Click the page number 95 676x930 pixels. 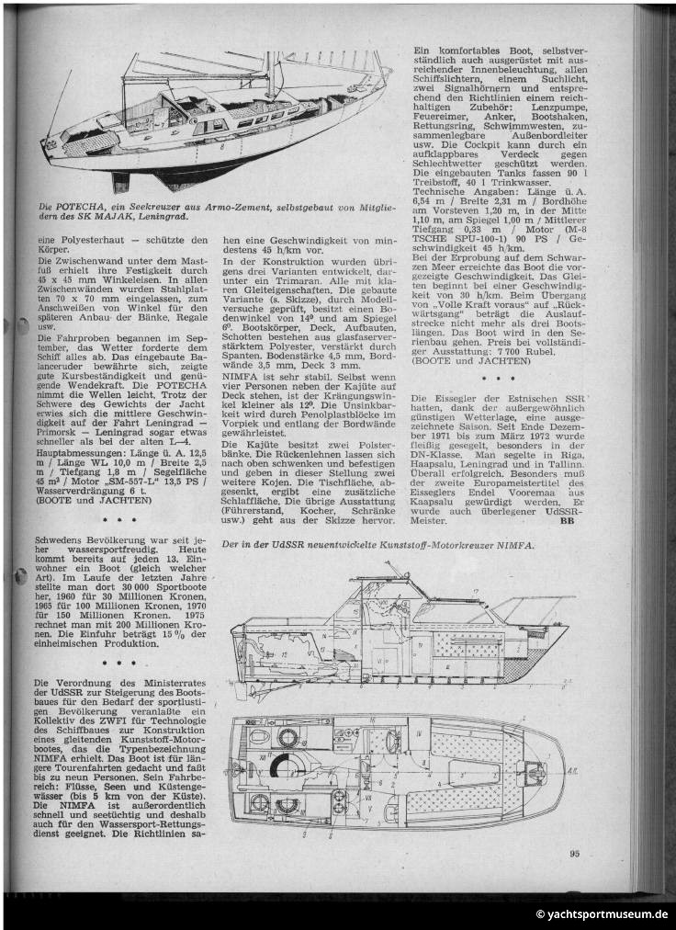(574, 852)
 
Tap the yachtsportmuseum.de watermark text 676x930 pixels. (602, 913)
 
